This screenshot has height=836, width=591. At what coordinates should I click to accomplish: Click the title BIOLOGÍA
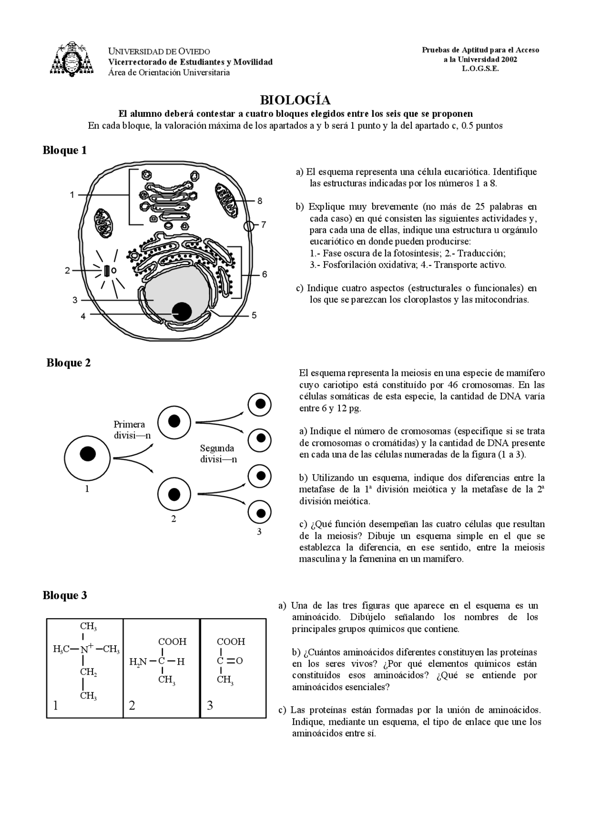[x=295, y=100]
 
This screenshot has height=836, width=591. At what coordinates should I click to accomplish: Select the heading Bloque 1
[x=65, y=150]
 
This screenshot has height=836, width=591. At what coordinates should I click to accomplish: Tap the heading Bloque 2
[x=68, y=363]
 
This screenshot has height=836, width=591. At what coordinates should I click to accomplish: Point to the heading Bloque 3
[x=65, y=595]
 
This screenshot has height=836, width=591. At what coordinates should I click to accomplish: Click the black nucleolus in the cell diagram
[x=182, y=312]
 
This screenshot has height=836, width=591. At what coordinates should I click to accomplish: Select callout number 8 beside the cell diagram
[x=260, y=201]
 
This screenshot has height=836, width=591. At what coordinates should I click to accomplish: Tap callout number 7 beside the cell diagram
[x=264, y=225]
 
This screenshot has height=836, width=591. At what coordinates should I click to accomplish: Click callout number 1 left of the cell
[x=72, y=195]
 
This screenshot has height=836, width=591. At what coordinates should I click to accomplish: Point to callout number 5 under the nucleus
[x=254, y=316]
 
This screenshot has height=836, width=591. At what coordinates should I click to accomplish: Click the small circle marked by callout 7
[x=249, y=226]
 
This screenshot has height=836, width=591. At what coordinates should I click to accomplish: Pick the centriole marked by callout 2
[x=107, y=271]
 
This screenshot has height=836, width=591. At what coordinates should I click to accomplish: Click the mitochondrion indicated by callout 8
[x=226, y=200]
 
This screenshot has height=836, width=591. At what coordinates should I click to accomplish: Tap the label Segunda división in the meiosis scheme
[x=218, y=453]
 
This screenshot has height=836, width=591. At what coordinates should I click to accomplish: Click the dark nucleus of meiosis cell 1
[x=87, y=454]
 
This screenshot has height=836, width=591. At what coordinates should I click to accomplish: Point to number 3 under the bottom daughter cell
[x=259, y=532]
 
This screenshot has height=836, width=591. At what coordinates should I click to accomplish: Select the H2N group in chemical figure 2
[x=138, y=662]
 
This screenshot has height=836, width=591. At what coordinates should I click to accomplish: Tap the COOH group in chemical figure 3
[x=231, y=642]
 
